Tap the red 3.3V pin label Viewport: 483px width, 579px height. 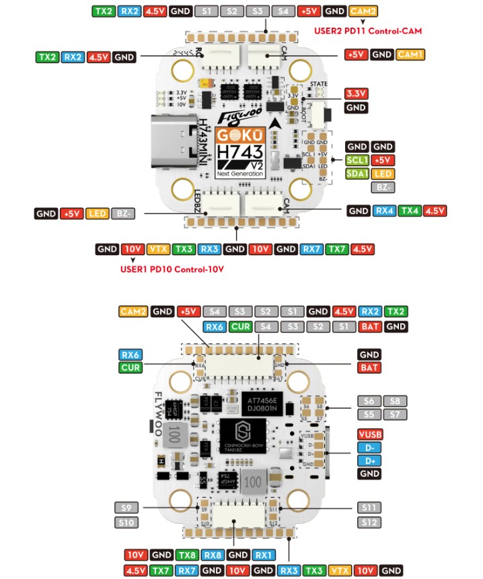[355, 94]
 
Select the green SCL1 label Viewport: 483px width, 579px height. [357, 160]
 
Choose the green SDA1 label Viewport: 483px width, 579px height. [357, 174]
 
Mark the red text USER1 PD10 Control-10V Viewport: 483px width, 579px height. [172, 269]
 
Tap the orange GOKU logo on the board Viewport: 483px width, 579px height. [240, 135]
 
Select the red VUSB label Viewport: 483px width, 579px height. [369, 434]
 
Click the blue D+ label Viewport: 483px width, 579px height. [369, 461]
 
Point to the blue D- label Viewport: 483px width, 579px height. [369, 448]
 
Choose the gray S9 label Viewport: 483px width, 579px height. [126, 508]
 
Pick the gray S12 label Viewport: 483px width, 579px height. [369, 522]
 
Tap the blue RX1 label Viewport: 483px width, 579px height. [263, 555]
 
